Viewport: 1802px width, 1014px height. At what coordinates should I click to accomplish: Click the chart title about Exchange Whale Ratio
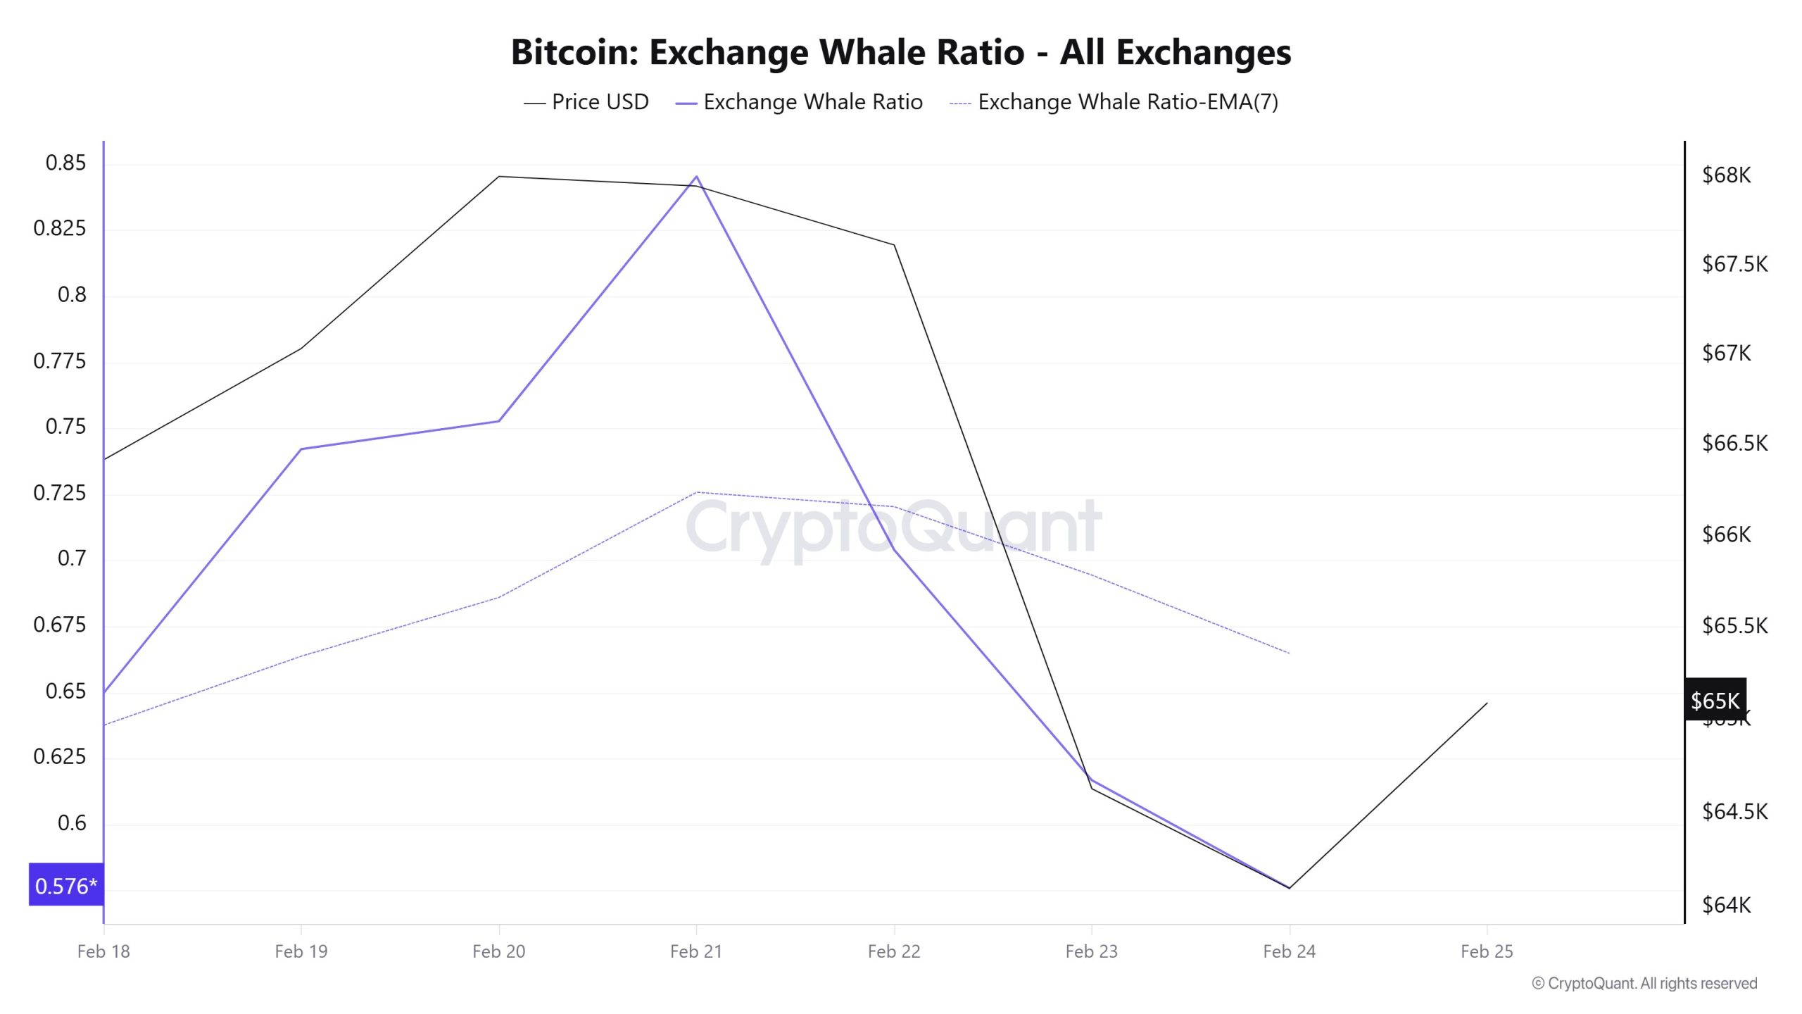click(x=900, y=52)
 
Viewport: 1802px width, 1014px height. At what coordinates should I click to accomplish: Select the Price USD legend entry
click(x=586, y=102)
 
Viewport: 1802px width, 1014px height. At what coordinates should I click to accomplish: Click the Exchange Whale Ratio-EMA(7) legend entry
click(x=1114, y=102)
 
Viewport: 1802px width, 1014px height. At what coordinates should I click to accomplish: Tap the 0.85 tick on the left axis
click(x=65, y=163)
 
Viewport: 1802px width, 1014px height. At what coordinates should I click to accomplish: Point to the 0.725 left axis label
click(x=60, y=493)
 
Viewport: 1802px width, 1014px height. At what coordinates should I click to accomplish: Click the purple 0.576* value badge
click(x=66, y=885)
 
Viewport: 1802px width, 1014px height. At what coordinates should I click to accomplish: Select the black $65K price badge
click(x=1715, y=700)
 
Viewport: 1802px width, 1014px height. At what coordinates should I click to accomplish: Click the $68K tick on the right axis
click(x=1726, y=175)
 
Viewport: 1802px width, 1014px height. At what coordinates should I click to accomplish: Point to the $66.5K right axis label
click(x=1734, y=443)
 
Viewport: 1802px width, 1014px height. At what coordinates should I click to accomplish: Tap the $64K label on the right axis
click(x=1726, y=904)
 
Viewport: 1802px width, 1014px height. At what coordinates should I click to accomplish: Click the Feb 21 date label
click(x=695, y=951)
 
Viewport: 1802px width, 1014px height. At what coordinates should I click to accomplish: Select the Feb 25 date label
click(x=1486, y=951)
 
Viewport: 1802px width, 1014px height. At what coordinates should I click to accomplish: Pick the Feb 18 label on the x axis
click(x=103, y=951)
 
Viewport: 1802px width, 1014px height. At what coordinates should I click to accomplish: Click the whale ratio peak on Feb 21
click(x=696, y=177)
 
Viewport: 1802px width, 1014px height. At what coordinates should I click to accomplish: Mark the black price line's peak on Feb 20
click(x=498, y=176)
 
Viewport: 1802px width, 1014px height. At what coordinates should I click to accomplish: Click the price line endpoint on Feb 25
click(x=1487, y=703)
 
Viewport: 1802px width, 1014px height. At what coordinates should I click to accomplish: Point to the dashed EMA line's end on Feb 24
click(x=1289, y=653)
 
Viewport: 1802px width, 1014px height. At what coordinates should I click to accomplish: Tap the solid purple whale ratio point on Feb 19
click(x=301, y=449)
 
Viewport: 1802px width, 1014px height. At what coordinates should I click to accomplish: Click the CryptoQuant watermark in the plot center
click(x=893, y=527)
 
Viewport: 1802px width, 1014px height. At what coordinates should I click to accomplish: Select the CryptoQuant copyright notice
click(x=1644, y=983)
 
